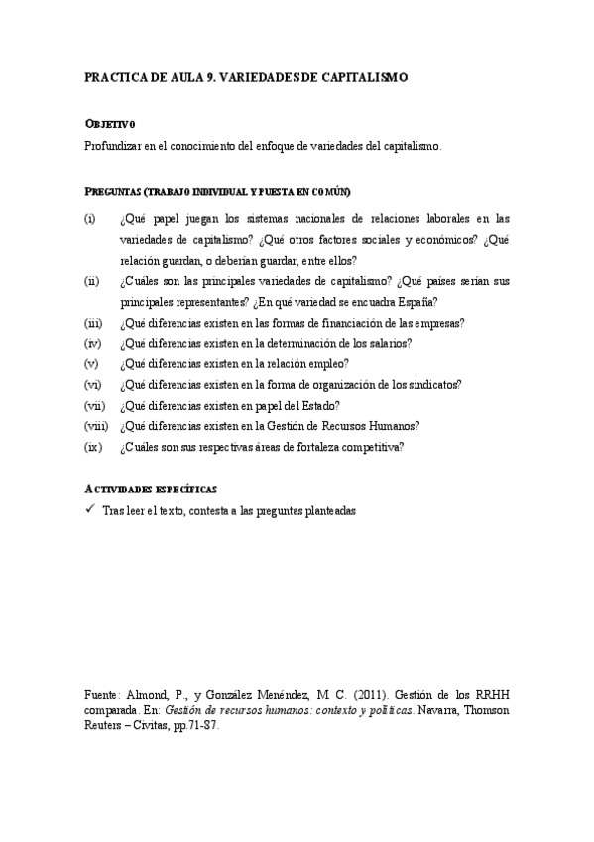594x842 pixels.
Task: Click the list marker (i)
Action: [x=90, y=218]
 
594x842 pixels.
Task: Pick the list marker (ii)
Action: [x=92, y=281]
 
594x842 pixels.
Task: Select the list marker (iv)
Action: [x=93, y=344]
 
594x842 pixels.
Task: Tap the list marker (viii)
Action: [x=96, y=426]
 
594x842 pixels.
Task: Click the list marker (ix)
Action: [x=93, y=447]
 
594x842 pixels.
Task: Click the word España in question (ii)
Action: [x=419, y=302]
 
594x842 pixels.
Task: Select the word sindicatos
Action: [x=431, y=384]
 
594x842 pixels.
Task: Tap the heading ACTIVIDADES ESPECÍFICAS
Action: [x=152, y=490]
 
